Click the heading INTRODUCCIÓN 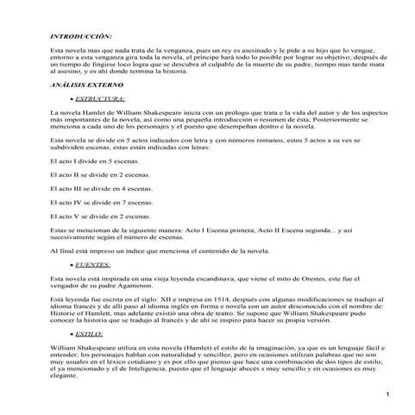click(x=81, y=37)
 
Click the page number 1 click(x=388, y=394)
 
